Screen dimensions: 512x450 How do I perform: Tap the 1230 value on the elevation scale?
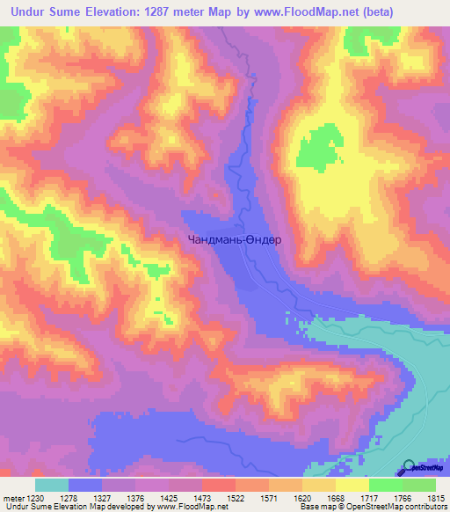click(x=34, y=499)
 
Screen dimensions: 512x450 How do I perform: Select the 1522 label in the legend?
click(x=236, y=499)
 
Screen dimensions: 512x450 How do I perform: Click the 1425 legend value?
click(x=169, y=499)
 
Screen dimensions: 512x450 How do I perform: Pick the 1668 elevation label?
click(x=336, y=499)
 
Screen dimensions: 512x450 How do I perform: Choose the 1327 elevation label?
click(x=102, y=499)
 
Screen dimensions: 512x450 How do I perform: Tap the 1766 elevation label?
click(x=403, y=499)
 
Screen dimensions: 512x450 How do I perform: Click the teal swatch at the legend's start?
click(x=52, y=485)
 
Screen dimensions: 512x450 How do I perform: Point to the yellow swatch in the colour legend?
click(x=352, y=485)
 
